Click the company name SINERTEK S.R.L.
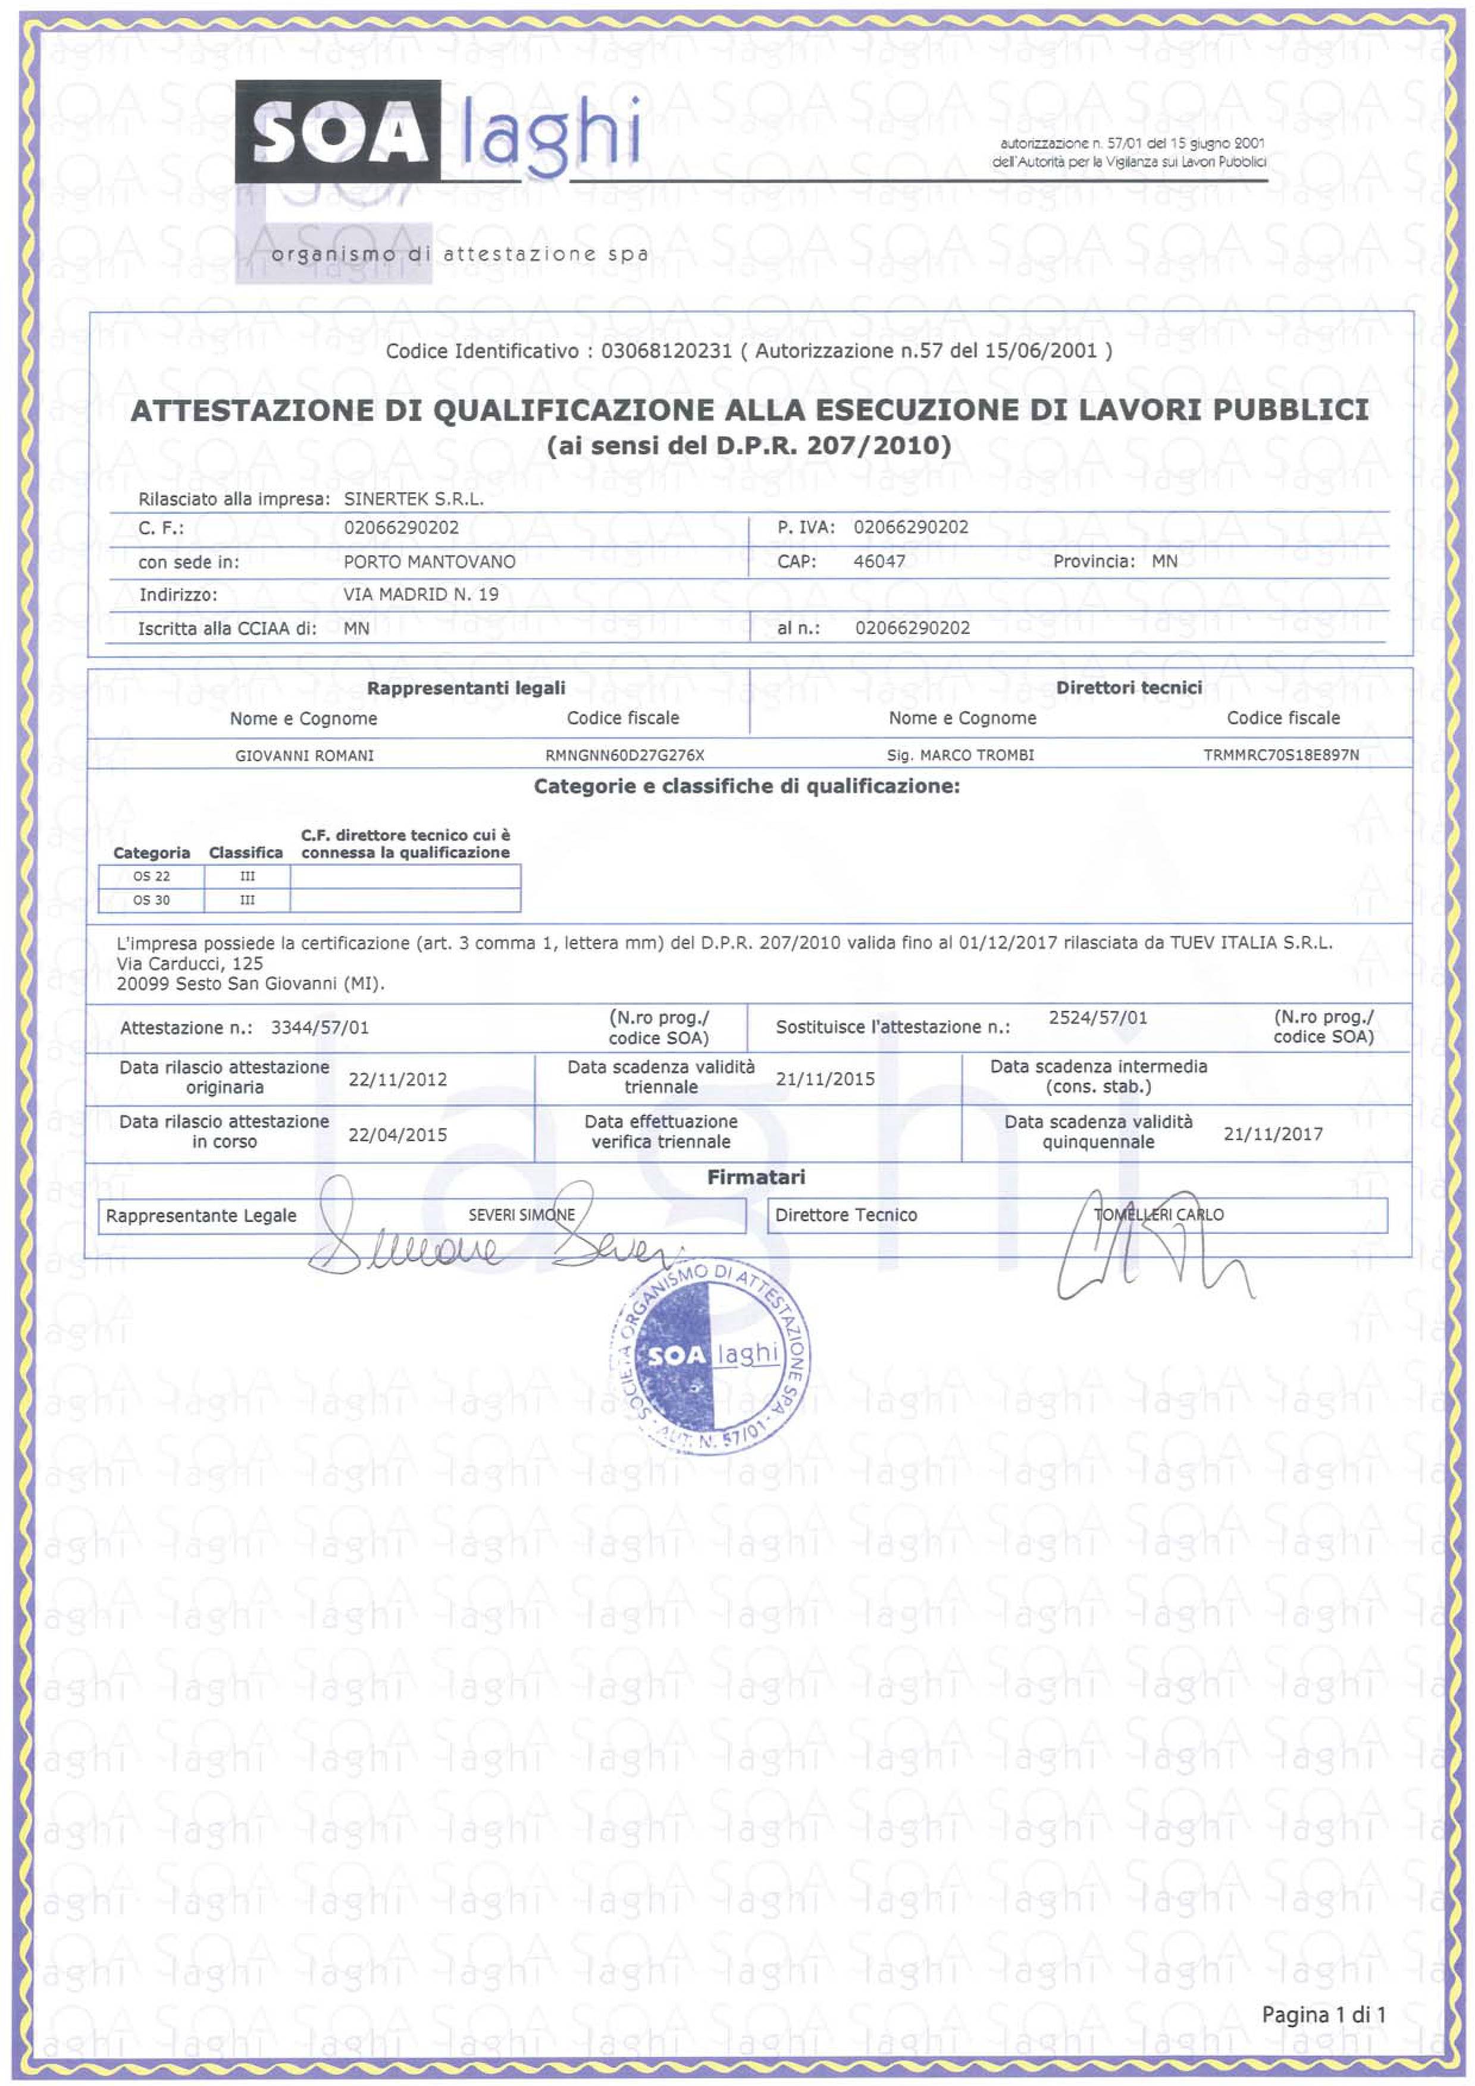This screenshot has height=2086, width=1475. click(x=414, y=499)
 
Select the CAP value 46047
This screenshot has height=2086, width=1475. click(x=879, y=561)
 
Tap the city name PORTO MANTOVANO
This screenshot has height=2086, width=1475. click(x=429, y=561)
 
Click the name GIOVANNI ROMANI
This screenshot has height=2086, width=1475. click(x=305, y=755)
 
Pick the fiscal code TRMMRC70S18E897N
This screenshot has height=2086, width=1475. click(x=1282, y=755)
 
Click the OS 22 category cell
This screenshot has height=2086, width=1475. click(x=152, y=877)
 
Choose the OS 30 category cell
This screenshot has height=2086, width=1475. click(x=152, y=900)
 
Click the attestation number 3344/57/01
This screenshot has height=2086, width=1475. click(x=320, y=1028)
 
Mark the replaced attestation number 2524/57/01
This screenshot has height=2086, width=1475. click(x=1098, y=1017)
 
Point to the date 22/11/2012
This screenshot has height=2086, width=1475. click(x=397, y=1079)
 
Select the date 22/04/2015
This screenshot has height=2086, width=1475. click(x=397, y=1134)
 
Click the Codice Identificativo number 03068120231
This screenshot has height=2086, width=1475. click(x=666, y=351)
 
